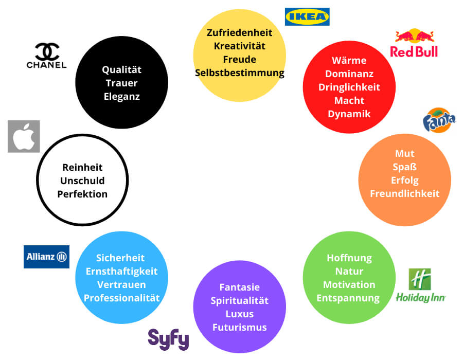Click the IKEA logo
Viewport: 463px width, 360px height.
coord(307,16)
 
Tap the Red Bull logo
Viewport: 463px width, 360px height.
coord(414,43)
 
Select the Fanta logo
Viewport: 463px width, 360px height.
coord(439,120)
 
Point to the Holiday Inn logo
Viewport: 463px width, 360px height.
coord(420,286)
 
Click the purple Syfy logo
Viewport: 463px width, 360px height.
coord(168,339)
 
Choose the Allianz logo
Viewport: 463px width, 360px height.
coord(46,256)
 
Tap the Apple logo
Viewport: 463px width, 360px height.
coord(24,136)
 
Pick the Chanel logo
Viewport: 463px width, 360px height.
coord(47,56)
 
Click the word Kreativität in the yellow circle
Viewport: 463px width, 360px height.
coord(240,46)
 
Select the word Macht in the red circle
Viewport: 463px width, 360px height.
coord(349,100)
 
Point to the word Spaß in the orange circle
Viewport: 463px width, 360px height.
coord(405,167)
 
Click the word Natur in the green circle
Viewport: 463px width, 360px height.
coord(349,271)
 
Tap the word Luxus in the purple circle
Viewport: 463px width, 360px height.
coord(240,314)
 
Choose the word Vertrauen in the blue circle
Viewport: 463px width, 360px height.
coord(121,284)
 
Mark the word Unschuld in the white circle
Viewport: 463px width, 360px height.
coord(82,181)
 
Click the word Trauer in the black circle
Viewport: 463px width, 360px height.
coord(121,83)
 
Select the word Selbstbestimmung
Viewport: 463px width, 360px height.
coord(240,73)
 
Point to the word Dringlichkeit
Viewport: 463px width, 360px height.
coord(349,87)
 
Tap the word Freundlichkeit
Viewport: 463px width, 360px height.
coord(405,193)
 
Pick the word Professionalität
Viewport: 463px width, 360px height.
coord(121,298)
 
